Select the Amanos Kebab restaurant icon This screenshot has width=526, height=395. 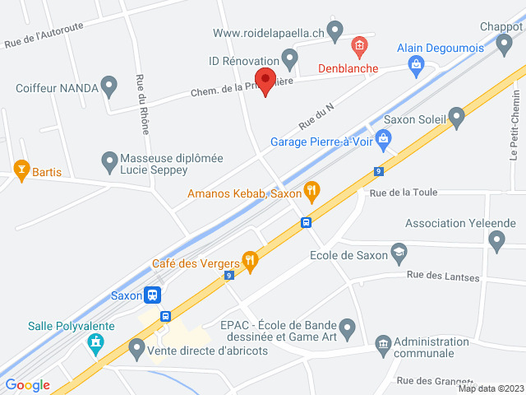(x=311, y=193)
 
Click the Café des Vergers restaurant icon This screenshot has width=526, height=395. (x=251, y=263)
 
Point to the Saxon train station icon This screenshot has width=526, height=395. (x=151, y=295)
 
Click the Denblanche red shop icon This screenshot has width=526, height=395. (x=358, y=44)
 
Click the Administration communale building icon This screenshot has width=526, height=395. (x=382, y=342)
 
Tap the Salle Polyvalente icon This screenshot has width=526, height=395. (x=96, y=342)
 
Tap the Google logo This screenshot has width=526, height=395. (x=27, y=384)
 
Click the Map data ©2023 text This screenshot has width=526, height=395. (x=491, y=388)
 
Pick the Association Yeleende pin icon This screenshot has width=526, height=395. (x=496, y=240)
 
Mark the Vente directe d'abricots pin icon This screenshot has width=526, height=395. (x=136, y=349)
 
